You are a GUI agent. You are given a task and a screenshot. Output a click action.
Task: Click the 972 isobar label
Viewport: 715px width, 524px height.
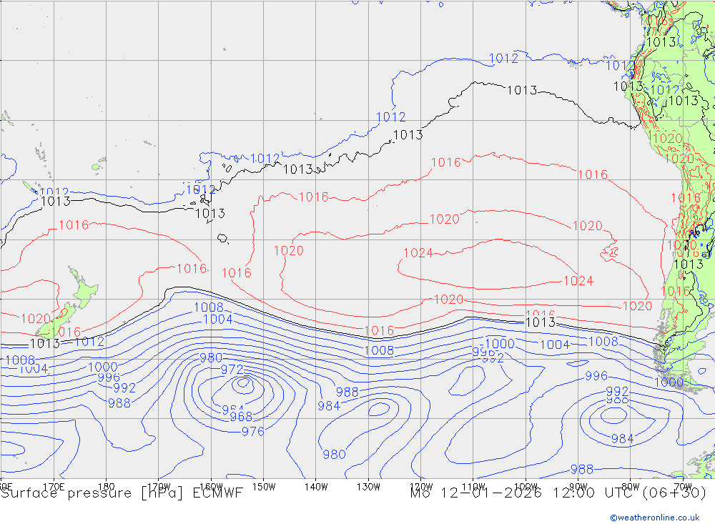232,370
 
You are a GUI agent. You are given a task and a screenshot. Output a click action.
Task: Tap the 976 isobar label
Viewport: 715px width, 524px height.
252,431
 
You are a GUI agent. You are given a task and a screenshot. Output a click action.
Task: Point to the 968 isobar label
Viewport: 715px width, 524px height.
241,417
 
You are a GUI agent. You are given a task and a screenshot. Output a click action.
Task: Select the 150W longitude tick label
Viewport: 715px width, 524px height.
264,486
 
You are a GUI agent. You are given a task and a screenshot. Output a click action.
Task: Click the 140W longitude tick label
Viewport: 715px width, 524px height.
315,486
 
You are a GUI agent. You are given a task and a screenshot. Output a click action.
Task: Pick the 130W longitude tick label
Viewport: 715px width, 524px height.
368,486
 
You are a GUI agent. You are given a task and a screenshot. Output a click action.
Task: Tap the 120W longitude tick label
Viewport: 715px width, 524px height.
421,486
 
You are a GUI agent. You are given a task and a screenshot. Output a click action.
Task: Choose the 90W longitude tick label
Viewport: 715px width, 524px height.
578,486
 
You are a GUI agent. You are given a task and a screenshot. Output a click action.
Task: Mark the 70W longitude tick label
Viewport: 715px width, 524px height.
683,486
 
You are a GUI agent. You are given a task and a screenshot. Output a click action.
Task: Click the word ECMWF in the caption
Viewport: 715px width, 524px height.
216,493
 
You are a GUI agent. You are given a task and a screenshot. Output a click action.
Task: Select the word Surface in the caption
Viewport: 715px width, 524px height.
27,493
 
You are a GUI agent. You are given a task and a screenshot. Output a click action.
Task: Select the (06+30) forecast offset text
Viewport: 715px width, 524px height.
677,493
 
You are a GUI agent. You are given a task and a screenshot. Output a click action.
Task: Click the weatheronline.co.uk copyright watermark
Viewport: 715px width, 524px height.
654,518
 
